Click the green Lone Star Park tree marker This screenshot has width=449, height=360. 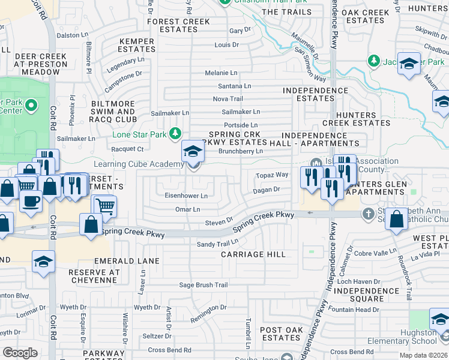click(175, 133)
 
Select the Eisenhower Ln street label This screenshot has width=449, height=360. click(186, 196)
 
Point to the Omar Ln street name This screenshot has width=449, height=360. click(187, 209)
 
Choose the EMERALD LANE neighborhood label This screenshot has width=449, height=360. click(127, 261)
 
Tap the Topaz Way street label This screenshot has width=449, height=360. click(273, 175)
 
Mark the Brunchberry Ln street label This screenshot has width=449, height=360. click(241, 152)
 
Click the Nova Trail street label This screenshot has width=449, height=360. click(228, 99)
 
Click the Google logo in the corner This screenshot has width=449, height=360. click(20, 352)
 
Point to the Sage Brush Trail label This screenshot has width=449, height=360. click(203, 285)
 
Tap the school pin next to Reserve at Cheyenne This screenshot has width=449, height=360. click(44, 262)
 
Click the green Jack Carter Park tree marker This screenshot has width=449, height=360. click(374, 61)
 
